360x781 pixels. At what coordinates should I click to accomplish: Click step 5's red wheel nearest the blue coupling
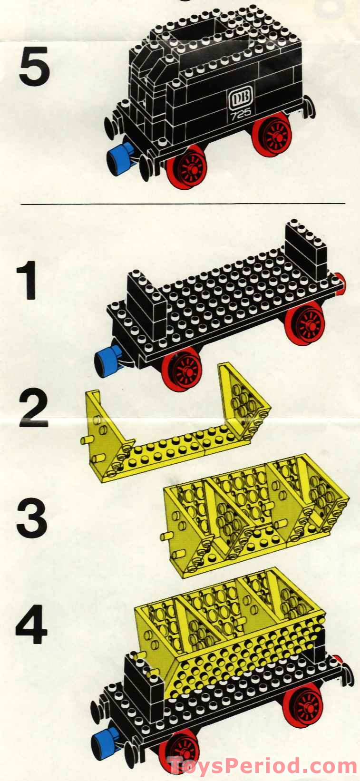187,167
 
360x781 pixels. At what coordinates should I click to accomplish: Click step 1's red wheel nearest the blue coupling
182,369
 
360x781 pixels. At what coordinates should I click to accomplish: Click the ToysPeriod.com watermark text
263,765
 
